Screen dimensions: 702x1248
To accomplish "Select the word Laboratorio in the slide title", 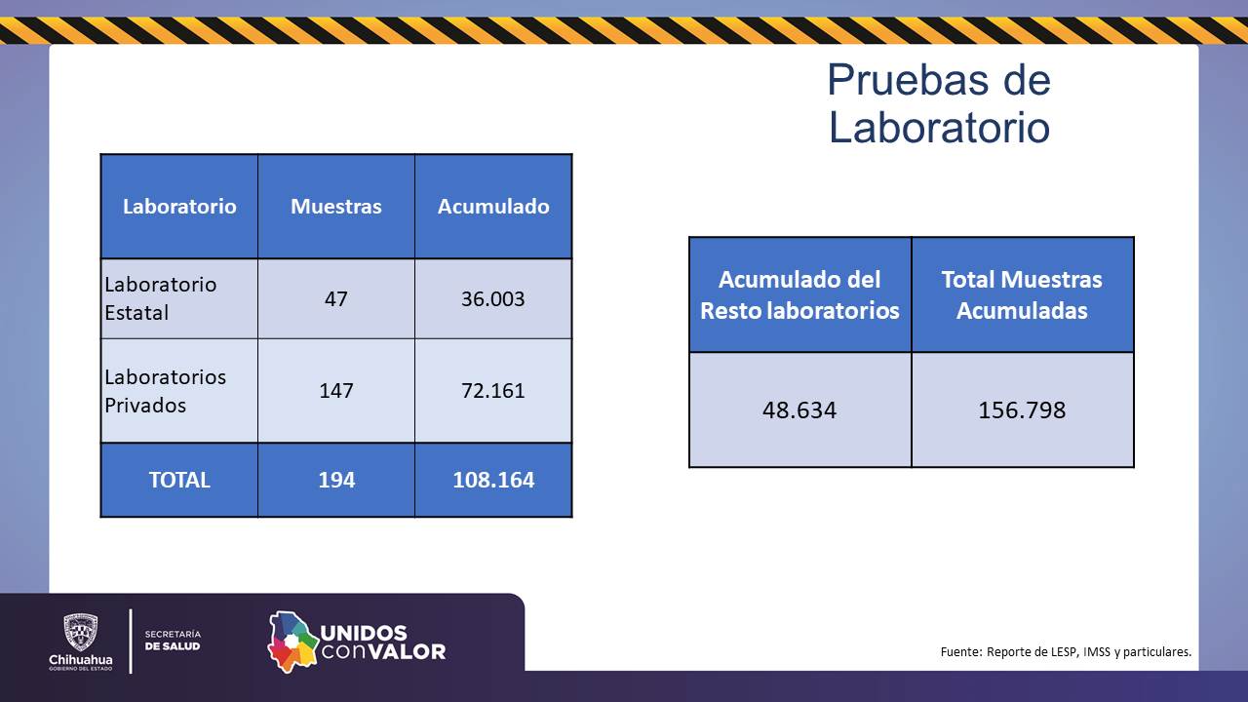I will coord(938,128).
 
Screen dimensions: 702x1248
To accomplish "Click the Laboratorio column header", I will coord(179,207).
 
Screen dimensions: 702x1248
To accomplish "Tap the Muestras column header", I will coord(336,207).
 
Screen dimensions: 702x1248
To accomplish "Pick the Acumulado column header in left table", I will coord(493,207).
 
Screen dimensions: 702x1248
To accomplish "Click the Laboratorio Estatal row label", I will coord(161,298).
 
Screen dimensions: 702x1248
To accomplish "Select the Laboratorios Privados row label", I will coord(165,391).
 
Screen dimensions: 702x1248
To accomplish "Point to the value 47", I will coord(336,298).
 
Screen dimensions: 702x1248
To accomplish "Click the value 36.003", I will coord(493,298).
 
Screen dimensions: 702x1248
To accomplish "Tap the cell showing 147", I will coord(336,391).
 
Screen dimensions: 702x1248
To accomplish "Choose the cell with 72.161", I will coord(493,391).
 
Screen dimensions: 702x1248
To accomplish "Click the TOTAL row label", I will coord(179,480).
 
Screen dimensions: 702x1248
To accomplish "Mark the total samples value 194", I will coord(336,480).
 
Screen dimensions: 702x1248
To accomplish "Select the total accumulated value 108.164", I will coord(493,480).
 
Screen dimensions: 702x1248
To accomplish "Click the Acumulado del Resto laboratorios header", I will coord(799,294).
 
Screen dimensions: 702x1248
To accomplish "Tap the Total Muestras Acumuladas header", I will coord(1022,294).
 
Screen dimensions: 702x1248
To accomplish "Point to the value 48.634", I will coord(799,409).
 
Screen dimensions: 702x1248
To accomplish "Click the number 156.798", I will coord(1022,409).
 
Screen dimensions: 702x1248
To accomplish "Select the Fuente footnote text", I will coord(1066,651).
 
